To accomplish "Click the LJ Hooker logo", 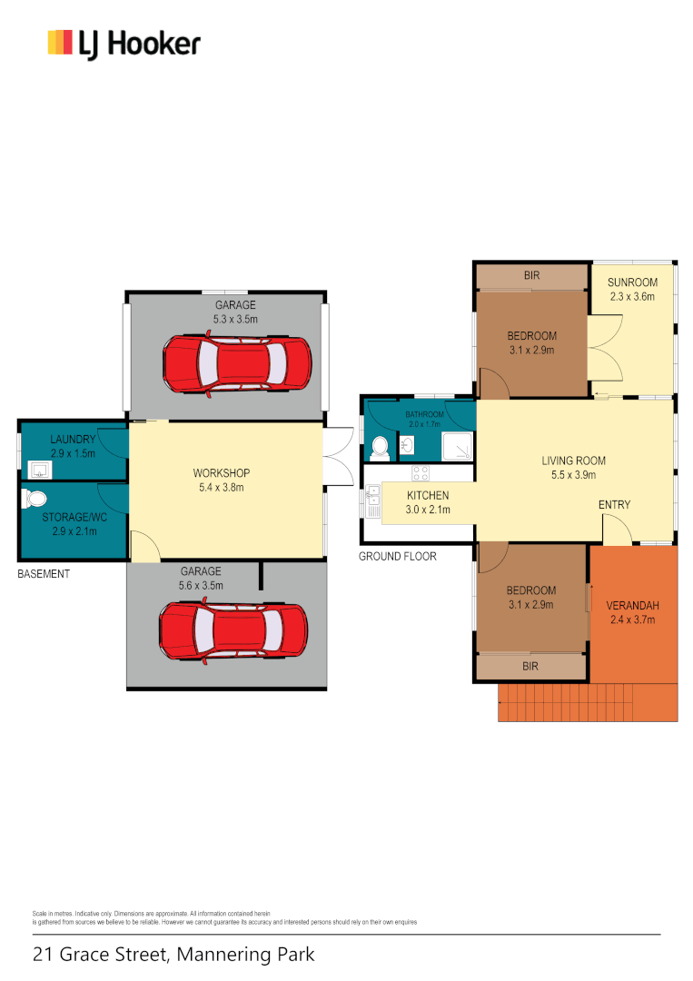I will [124, 44].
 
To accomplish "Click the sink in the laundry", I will [40, 470].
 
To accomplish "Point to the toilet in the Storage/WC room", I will [35, 499].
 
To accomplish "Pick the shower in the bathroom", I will [457, 445].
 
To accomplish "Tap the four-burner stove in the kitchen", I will [421, 473].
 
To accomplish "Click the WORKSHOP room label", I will [221, 473].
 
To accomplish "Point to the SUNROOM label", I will [632, 282].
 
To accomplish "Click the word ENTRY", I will [614, 505].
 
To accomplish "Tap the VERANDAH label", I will [632, 606].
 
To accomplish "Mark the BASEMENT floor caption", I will [44, 574].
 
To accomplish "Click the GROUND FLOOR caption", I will [397, 556].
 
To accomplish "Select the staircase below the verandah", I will [588, 703].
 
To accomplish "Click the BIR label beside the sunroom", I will [532, 274].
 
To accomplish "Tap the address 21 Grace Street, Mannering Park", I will [173, 955].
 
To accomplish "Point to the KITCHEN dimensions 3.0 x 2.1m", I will [428, 510].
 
